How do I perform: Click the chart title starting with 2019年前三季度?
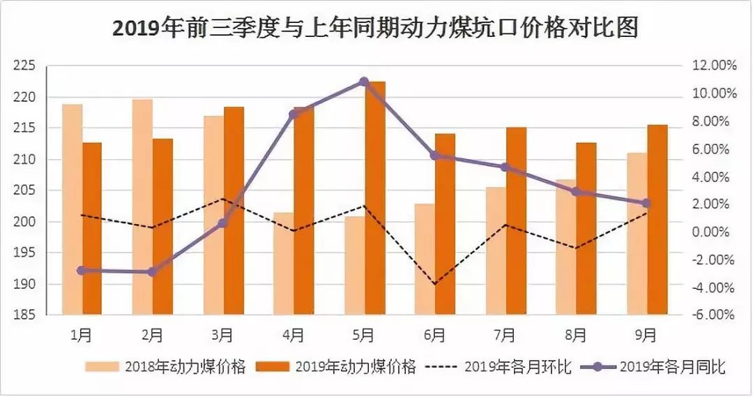click(x=376, y=29)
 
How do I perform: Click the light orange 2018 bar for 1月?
click(x=72, y=209)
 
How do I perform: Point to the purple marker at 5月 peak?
click(x=364, y=82)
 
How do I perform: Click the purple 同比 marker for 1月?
click(x=82, y=270)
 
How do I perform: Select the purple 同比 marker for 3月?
click(x=222, y=223)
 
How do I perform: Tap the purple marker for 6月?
click(x=434, y=156)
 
